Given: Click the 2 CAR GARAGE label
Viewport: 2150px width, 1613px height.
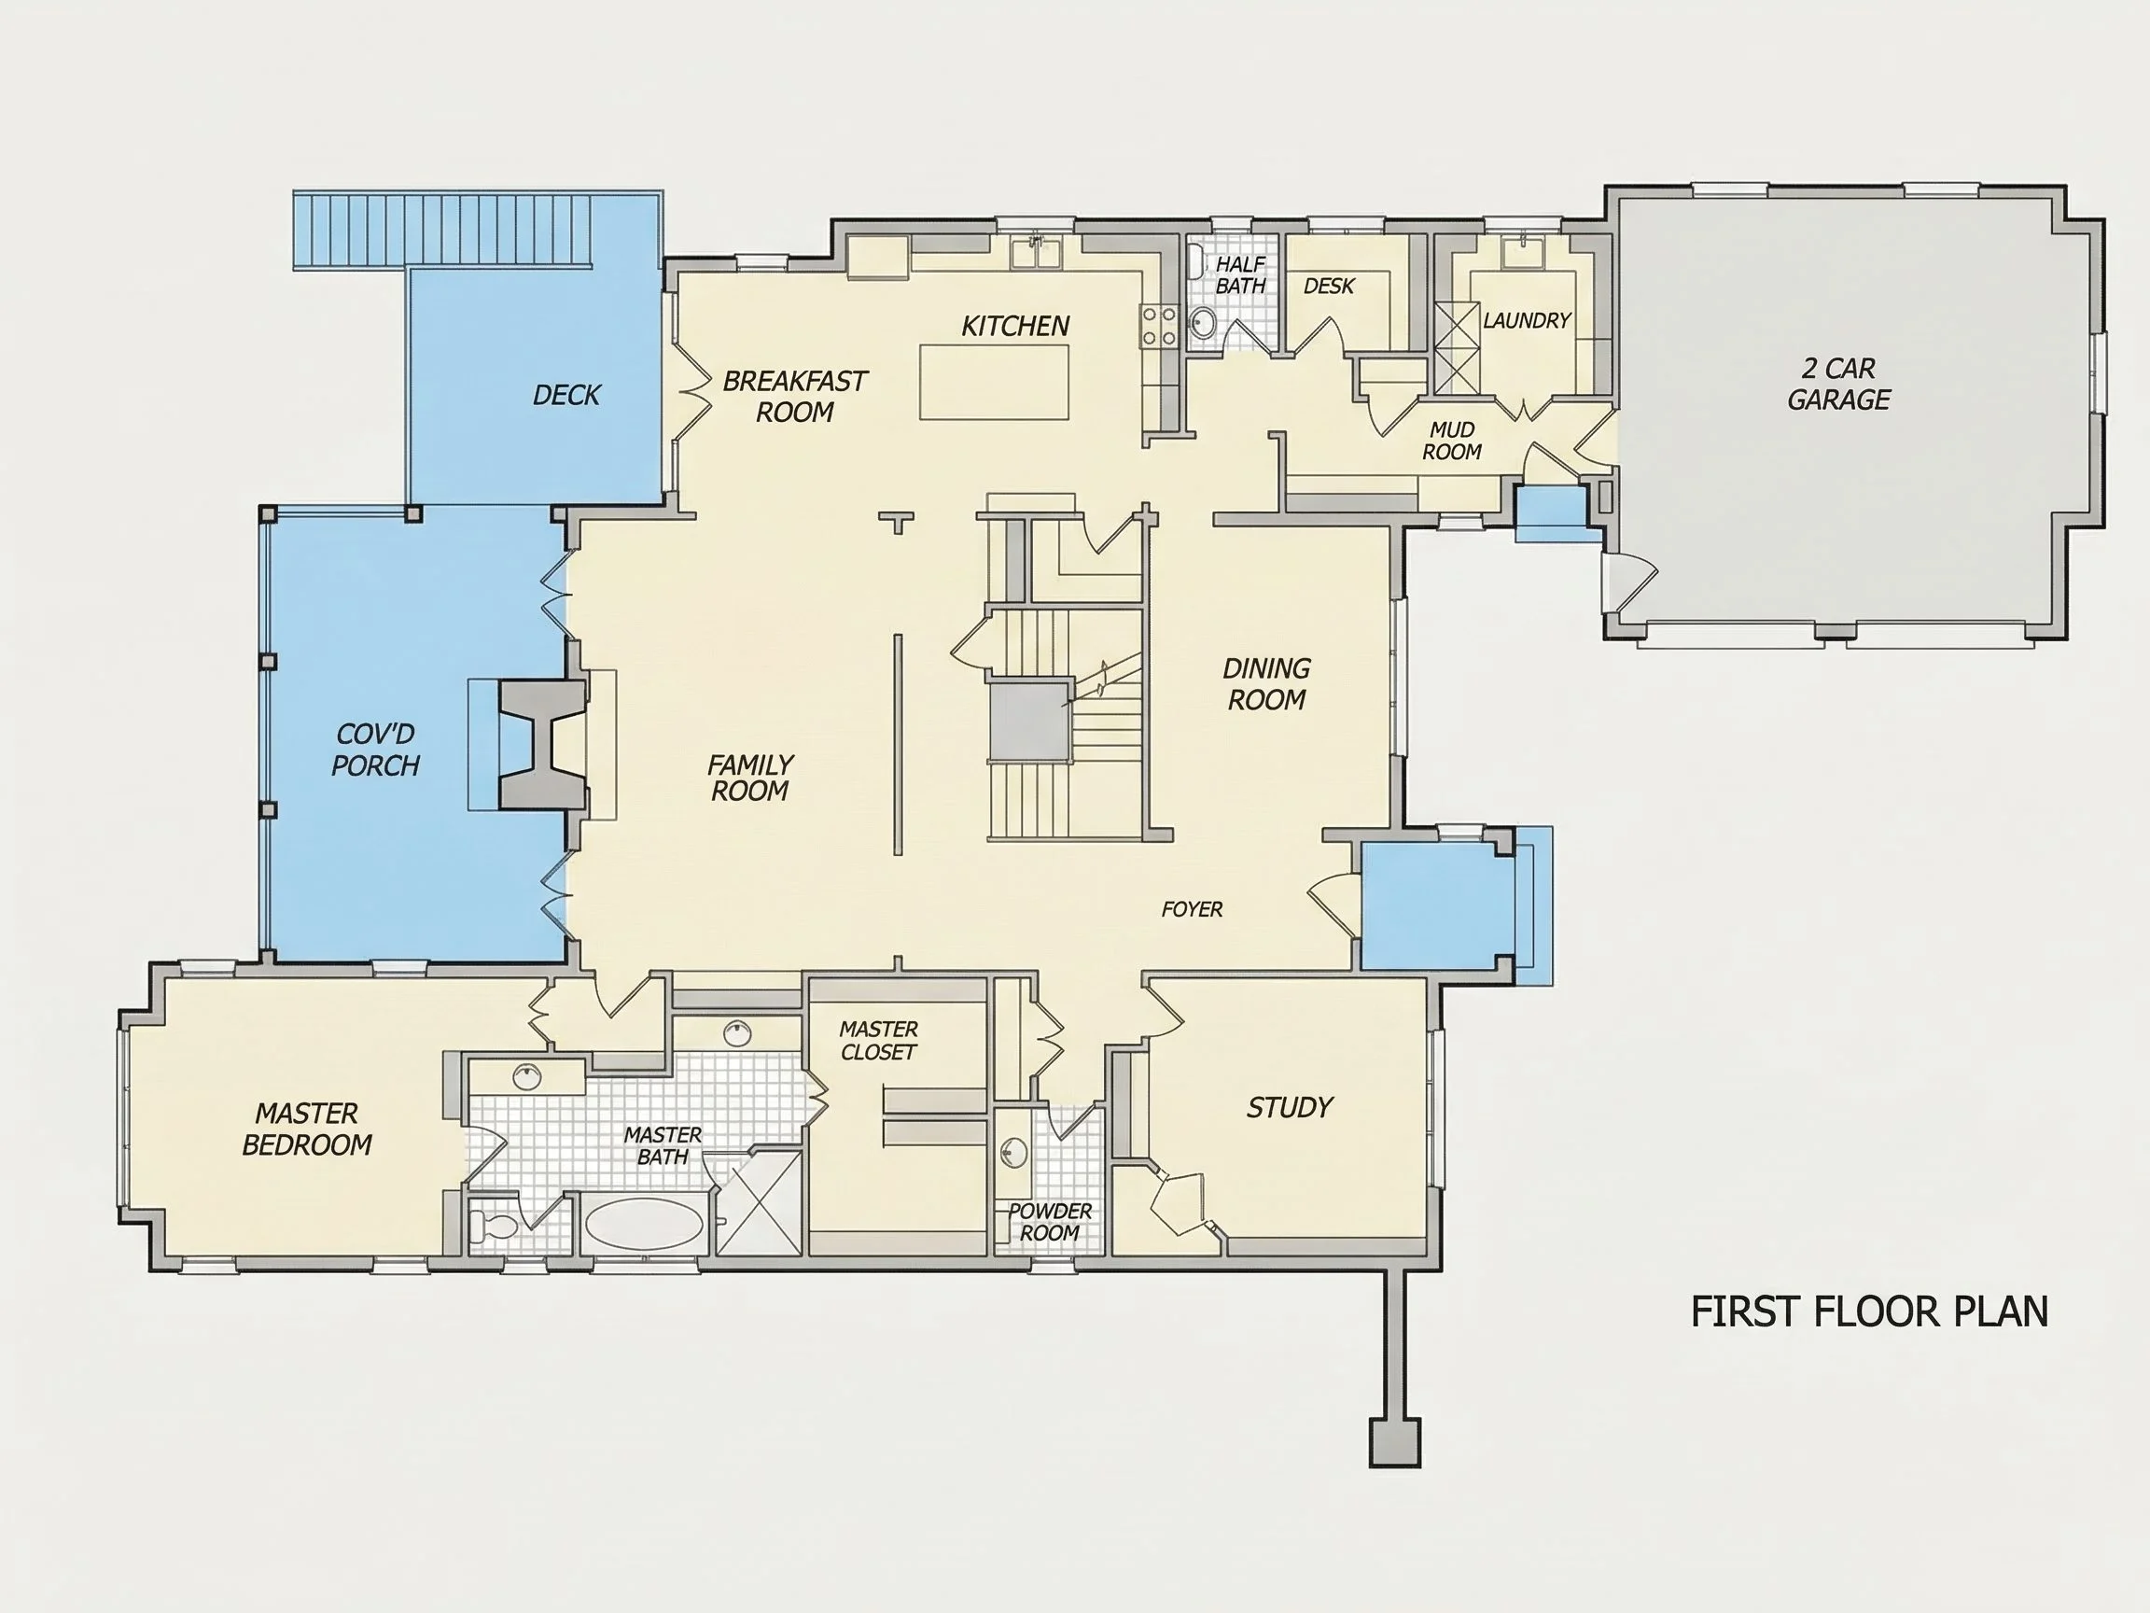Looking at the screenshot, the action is coord(1838,384).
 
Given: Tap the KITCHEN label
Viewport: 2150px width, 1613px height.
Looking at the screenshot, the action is coord(1015,326).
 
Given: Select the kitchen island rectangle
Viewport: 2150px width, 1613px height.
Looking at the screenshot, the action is coord(995,382).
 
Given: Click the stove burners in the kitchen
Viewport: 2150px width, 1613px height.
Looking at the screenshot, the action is coord(1159,325).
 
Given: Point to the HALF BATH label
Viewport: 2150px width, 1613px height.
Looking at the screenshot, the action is coord(1241,275).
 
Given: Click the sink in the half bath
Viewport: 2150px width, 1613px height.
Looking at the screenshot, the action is coord(1203,323).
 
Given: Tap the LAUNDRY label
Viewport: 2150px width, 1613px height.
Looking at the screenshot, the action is coord(1527,320).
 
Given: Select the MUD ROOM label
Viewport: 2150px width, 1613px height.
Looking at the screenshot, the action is coord(1452,441).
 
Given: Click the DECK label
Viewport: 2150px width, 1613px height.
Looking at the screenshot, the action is coord(566,395).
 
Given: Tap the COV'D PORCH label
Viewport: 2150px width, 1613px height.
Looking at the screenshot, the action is coord(375,750).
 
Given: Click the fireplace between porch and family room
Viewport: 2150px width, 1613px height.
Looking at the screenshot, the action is coord(542,744).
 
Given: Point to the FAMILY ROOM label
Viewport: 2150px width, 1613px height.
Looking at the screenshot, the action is coord(750,778).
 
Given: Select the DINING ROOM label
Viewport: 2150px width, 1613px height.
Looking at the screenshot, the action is coord(1266,683).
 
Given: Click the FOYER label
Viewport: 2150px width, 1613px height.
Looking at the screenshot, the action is coord(1193,909).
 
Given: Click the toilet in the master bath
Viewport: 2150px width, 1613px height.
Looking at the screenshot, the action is coord(493,1226).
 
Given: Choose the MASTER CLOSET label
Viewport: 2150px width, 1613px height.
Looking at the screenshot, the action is coord(879,1041).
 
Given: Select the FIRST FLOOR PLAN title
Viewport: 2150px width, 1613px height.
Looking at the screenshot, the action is coord(1870,1311).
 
